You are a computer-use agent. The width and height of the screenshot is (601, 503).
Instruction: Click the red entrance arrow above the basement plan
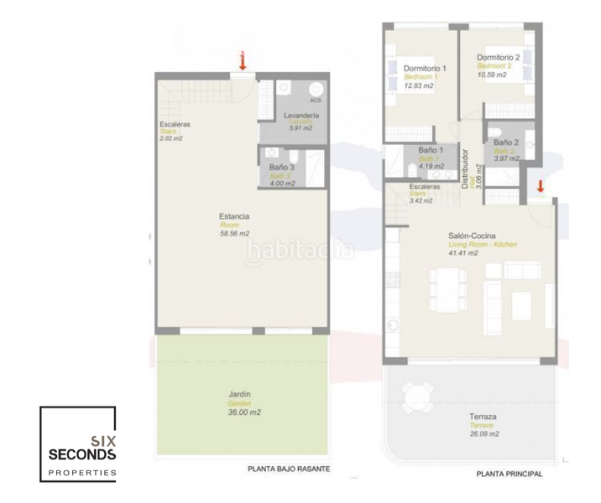[x=243, y=60]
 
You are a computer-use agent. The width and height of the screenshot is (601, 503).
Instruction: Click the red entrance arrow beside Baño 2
[x=541, y=185]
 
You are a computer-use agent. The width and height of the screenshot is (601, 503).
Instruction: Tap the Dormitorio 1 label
[x=425, y=67]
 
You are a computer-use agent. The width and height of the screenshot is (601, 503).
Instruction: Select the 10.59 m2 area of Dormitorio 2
[x=492, y=75]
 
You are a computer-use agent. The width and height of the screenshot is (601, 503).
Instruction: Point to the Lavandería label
[x=300, y=114]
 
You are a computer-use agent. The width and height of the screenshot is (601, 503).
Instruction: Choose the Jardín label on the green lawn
[x=239, y=393]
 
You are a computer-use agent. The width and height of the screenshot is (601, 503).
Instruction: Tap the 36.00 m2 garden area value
[x=243, y=412]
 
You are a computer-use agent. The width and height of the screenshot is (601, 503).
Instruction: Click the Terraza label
[x=483, y=416]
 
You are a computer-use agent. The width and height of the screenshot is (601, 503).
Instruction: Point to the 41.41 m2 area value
[x=463, y=252]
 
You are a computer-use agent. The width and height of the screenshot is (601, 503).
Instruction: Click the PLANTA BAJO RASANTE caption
[x=289, y=469]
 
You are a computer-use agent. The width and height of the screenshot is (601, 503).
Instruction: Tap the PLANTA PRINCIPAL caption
[x=509, y=474]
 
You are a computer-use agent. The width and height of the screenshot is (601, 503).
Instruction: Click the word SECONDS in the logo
[x=78, y=454]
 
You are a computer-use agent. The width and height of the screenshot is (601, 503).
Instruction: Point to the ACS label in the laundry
[x=315, y=100]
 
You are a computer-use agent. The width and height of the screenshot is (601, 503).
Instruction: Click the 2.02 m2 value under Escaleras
[x=170, y=139]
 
